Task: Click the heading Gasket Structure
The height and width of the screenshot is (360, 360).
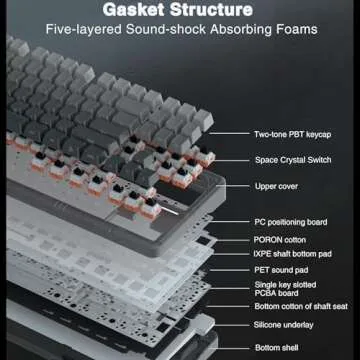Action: [177, 10]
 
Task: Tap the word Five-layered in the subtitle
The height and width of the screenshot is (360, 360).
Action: [83, 29]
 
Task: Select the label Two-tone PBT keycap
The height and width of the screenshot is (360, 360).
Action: [292, 135]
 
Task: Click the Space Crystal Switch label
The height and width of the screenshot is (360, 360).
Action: [293, 160]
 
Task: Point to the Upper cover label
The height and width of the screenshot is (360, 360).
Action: [276, 186]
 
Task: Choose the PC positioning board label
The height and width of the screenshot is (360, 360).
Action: [291, 222]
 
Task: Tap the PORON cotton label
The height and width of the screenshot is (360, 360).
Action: [280, 240]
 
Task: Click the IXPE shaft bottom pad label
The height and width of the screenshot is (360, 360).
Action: [293, 254]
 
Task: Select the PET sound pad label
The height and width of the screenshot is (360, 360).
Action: [281, 270]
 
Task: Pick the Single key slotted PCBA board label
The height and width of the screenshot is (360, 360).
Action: [285, 289]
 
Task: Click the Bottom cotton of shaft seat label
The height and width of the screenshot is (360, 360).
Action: [301, 306]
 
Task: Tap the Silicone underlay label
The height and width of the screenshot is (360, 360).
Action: [283, 325]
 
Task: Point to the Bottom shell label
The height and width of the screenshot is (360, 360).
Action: [277, 348]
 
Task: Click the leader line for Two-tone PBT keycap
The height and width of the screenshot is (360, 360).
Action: [229, 134]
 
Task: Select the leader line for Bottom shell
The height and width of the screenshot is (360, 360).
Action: [232, 349]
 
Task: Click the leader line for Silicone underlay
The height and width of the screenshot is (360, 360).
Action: [232, 325]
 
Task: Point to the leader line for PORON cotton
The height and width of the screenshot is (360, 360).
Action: [233, 240]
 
